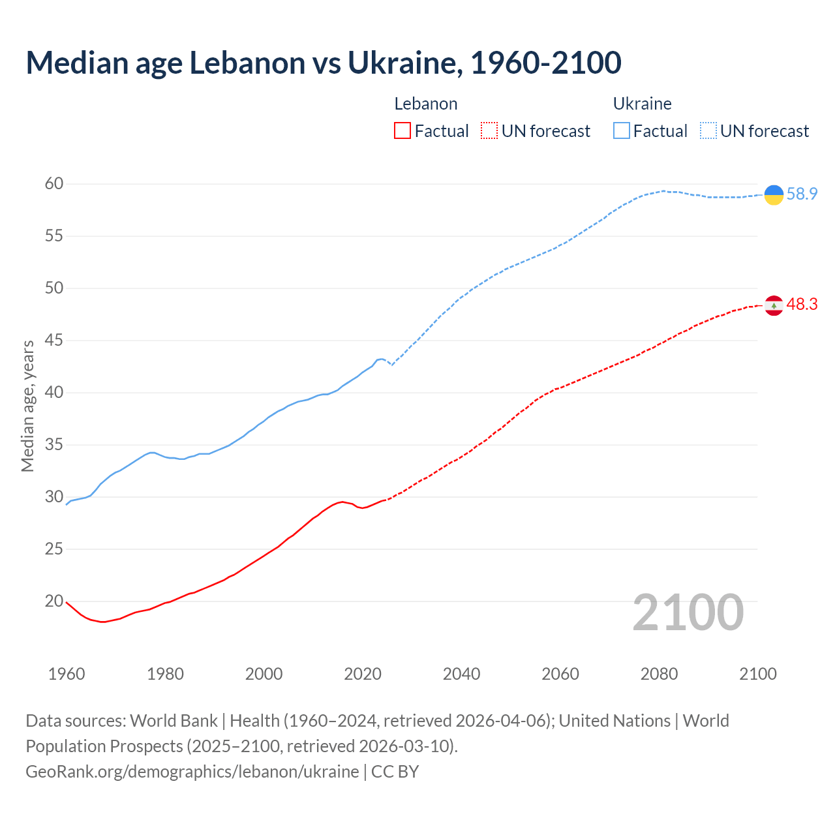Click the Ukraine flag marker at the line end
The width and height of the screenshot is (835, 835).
point(774,194)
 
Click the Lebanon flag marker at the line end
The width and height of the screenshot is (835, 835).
point(774,305)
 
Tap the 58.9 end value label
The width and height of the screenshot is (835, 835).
point(802,194)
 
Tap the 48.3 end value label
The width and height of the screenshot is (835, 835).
point(802,305)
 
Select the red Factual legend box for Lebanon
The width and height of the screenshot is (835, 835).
point(402,131)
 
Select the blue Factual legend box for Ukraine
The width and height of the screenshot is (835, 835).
point(622,131)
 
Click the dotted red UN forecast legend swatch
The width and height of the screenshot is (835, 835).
point(489,131)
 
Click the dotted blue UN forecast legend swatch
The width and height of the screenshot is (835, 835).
point(708,131)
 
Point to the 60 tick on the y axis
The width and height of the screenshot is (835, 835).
point(54,184)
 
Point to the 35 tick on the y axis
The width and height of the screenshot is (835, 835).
point(54,445)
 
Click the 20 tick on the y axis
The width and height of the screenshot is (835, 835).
point(54,601)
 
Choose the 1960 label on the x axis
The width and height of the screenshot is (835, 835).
point(67,674)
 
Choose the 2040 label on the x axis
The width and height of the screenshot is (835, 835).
point(461,674)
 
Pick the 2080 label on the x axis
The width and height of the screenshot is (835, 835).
point(659,674)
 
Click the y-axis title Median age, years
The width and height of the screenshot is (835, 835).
point(27,406)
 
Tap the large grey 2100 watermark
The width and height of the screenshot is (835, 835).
point(688,613)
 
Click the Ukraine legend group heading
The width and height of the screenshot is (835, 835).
point(642,104)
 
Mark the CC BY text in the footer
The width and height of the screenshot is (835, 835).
point(395,772)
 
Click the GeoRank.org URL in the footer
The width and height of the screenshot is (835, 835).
point(192,772)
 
